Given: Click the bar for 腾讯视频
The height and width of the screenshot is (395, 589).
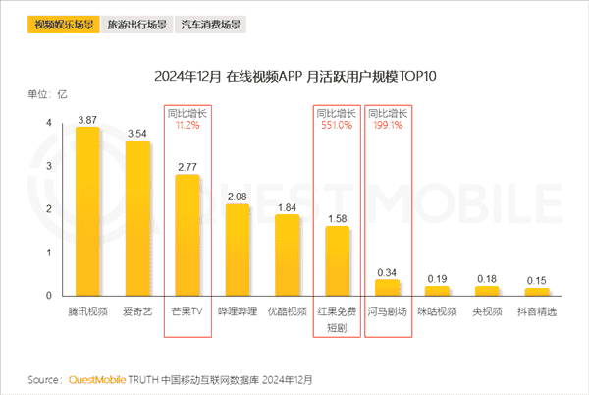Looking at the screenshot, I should pyautogui.click(x=87, y=211).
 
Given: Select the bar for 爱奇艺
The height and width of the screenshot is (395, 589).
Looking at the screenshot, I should pyautogui.click(x=137, y=218).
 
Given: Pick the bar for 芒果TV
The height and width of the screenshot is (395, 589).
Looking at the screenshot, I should pyautogui.click(x=187, y=236).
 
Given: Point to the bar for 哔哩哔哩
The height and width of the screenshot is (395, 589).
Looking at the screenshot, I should pyautogui.click(x=238, y=251).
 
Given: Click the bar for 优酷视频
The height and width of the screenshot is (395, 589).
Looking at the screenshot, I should pyautogui.click(x=288, y=255).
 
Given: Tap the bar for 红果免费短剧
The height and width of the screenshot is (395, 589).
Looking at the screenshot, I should pyautogui.click(x=338, y=261).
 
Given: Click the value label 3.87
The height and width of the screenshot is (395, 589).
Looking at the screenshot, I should pyautogui.click(x=87, y=118).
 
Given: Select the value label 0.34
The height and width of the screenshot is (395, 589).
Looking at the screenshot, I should pyautogui.click(x=388, y=271).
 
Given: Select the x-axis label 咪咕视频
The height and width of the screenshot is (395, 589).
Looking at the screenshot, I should pyautogui.click(x=438, y=311).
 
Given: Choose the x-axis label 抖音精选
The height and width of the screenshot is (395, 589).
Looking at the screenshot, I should pyautogui.click(x=538, y=311).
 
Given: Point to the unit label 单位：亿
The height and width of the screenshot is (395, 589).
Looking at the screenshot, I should pyautogui.click(x=46, y=94).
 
